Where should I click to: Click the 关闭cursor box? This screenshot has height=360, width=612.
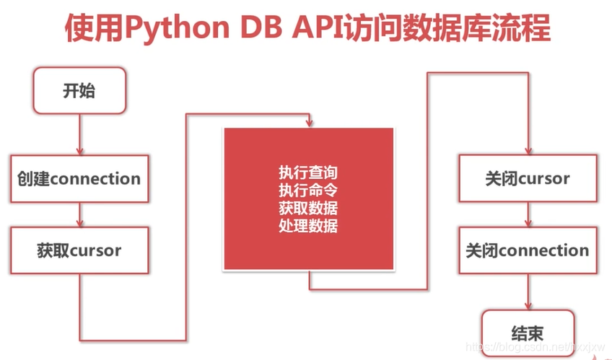(528, 178)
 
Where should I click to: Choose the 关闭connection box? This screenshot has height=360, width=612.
(528, 251)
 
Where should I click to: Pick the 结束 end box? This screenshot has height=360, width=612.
(528, 333)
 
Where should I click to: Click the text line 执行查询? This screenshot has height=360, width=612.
(308, 173)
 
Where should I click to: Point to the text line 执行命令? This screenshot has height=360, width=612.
(308, 191)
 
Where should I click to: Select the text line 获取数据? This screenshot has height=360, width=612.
(308, 208)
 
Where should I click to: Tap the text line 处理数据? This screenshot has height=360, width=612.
(308, 227)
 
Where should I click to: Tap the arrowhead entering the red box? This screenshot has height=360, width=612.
(310, 124)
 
